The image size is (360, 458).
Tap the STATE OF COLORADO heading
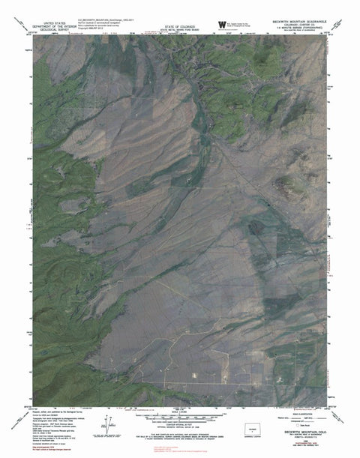[x=178, y=25]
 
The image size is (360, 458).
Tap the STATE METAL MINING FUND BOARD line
[x=178, y=29]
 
